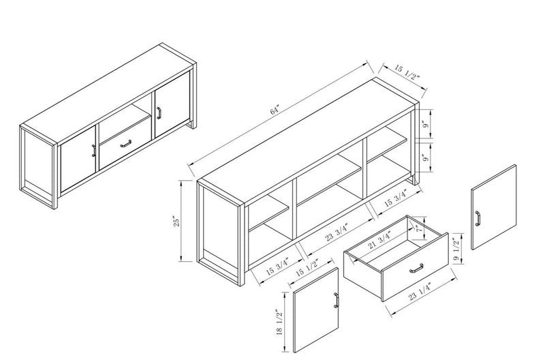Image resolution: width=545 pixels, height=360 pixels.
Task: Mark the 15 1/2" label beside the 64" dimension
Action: point(409,74)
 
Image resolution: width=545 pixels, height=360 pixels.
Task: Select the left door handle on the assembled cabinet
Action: point(93,150)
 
